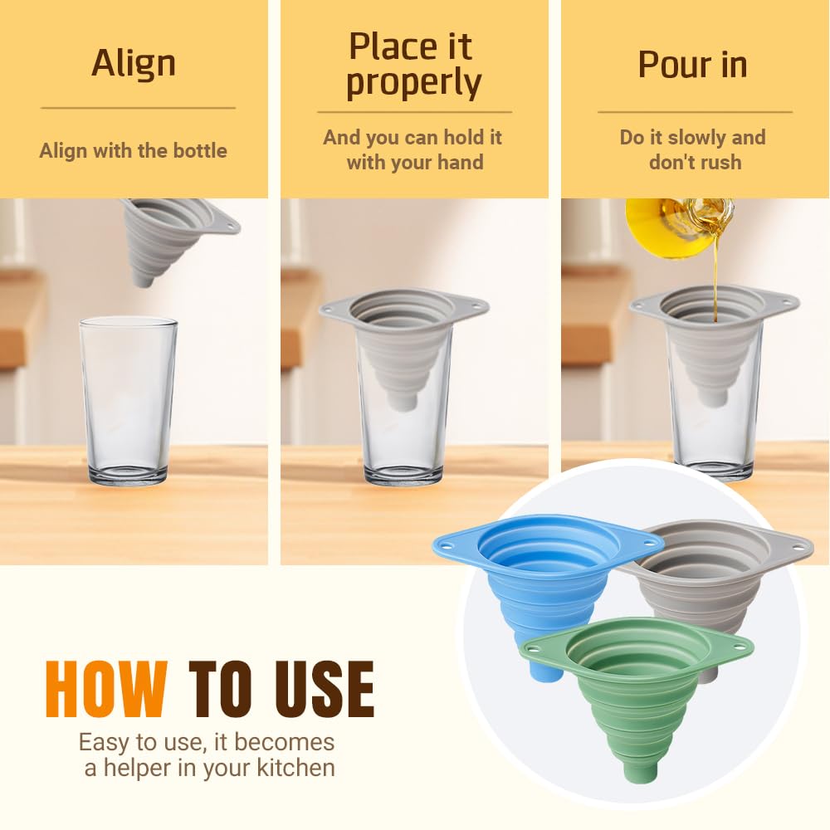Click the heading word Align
(134, 63)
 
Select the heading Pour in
(692, 65)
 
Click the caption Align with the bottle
(134, 151)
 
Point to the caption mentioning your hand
(413, 149)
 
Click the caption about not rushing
(693, 149)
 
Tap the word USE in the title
(320, 689)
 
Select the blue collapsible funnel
(531, 573)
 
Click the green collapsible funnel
(639, 689)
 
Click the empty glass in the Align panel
(128, 398)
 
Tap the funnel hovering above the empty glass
(170, 237)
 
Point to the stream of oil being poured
(714, 274)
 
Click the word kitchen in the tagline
(293, 768)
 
